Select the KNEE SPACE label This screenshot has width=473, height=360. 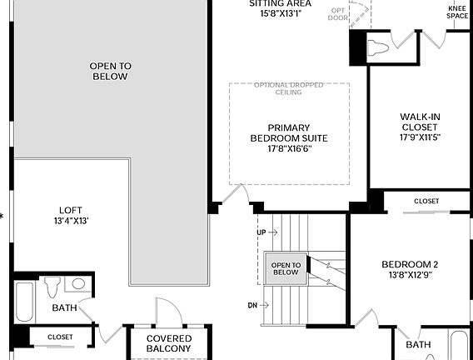[457, 11]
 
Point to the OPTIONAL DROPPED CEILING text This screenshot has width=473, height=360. [288, 89]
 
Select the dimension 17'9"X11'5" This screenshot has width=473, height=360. [419, 137]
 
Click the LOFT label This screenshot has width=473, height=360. [70, 210]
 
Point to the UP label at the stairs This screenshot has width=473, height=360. [261, 231]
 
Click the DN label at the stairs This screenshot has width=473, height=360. [252, 305]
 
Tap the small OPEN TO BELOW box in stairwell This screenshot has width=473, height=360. [285, 268]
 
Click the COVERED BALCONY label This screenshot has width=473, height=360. [168, 342]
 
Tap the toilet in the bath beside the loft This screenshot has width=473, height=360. [54, 287]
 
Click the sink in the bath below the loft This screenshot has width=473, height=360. [78, 284]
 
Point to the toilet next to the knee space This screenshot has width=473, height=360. [377, 47]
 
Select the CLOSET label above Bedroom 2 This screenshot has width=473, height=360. [426, 201]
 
